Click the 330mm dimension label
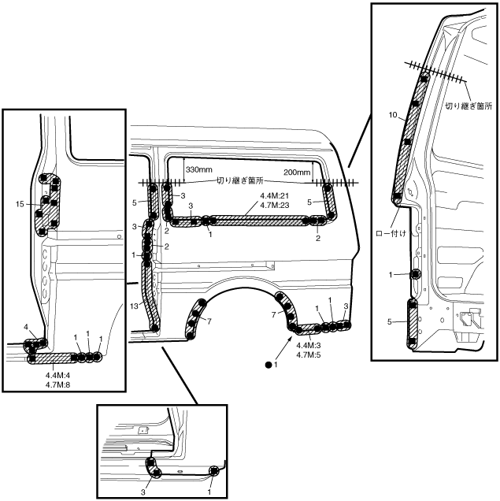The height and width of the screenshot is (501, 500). click(199, 169)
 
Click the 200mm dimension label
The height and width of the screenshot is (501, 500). click(297, 173)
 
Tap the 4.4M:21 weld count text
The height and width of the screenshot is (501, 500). click(275, 195)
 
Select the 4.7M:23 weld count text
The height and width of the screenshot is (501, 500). click(275, 205)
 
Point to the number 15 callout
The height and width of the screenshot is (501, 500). click(20, 204)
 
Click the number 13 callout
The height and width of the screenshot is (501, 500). click(134, 306)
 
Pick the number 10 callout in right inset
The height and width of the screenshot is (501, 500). click(393, 115)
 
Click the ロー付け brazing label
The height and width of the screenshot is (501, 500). click(391, 234)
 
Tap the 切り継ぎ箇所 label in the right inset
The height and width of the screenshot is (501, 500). click(469, 106)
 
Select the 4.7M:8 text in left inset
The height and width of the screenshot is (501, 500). click(57, 384)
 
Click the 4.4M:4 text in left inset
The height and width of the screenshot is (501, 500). click(57, 375)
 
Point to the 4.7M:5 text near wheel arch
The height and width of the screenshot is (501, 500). click(309, 354)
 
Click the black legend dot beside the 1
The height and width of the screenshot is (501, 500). click(269, 365)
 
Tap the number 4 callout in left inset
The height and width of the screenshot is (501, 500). click(26, 327)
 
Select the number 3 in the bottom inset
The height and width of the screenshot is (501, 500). click(143, 492)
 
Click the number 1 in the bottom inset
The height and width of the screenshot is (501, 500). click(209, 492)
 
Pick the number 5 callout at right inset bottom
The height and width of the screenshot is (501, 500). click(389, 322)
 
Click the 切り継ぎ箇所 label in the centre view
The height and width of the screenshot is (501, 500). click(240, 181)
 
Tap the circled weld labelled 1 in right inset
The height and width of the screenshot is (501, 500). click(416, 274)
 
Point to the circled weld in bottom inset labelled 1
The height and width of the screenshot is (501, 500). click(214, 470)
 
